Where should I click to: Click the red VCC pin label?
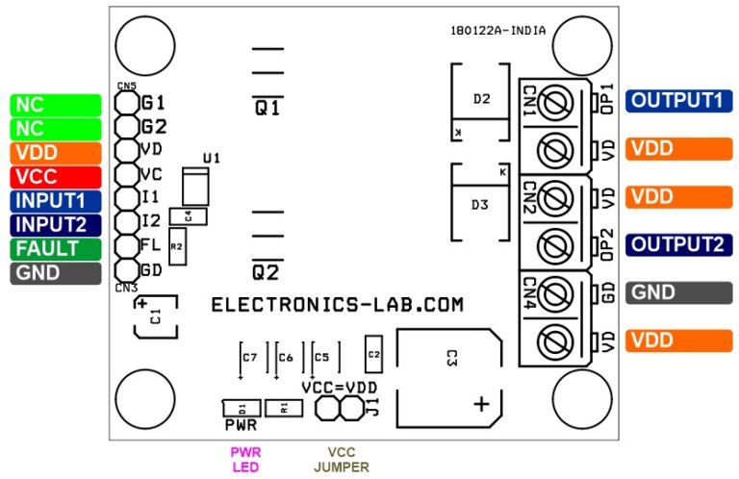point(56,177)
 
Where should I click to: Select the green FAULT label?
point(56,249)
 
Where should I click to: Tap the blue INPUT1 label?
point(56,201)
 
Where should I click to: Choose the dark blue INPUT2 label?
point(56,225)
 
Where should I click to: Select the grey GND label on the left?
point(56,273)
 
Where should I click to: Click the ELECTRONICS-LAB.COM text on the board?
point(337,305)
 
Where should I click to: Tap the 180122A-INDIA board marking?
point(497,30)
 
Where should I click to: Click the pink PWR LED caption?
point(245,459)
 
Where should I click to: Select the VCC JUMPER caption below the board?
point(341,459)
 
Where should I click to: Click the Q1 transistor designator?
point(268,108)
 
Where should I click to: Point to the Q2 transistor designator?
point(268,270)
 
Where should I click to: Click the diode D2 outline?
point(482,100)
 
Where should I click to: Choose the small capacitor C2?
point(374,355)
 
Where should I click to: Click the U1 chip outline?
point(196,185)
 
